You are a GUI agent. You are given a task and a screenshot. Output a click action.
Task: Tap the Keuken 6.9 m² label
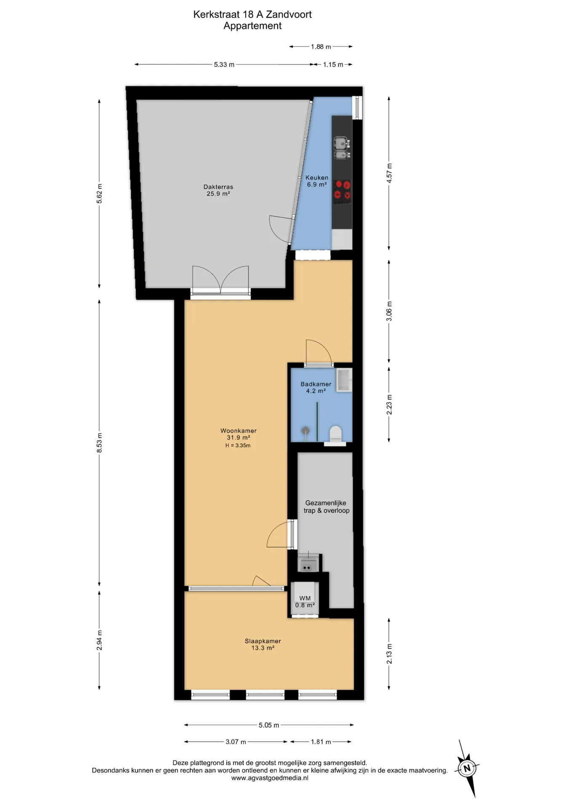pyautogui.click(x=317, y=181)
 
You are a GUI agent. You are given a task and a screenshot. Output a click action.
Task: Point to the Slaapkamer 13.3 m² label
pyautogui.click(x=263, y=644)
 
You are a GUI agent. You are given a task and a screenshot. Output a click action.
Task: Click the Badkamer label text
pyautogui.click(x=316, y=384)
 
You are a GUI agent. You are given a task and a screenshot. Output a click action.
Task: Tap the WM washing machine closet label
pyautogui.click(x=305, y=601)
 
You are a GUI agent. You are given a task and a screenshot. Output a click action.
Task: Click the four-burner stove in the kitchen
pyautogui.click(x=342, y=190)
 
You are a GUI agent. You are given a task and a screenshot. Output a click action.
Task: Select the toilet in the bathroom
pyautogui.click(x=335, y=435)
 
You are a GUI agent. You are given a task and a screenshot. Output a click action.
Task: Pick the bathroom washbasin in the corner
pyautogui.click(x=344, y=380)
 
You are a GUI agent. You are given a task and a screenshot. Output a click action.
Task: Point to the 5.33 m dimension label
pyautogui.click(x=224, y=64)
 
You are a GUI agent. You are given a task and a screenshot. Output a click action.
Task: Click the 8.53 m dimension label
pyautogui.click(x=99, y=443)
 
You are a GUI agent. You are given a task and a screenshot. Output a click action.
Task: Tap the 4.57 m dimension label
pyautogui.click(x=389, y=173)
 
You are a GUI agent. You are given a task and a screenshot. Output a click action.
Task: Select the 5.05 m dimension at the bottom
pyautogui.click(x=269, y=725)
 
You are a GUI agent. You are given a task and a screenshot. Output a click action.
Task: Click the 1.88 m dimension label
pyautogui.click(x=321, y=47)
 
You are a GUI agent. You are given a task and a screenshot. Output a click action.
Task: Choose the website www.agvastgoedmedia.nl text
pyautogui.click(x=270, y=778)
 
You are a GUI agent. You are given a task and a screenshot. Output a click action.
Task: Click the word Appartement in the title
pyautogui.click(x=252, y=26)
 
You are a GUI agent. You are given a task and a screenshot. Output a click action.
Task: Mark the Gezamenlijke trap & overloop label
pyautogui.click(x=326, y=506)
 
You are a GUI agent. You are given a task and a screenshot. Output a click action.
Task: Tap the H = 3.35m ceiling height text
pyautogui.click(x=238, y=445)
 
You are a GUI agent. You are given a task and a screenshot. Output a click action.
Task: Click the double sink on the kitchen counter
pyautogui.click(x=342, y=148)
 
